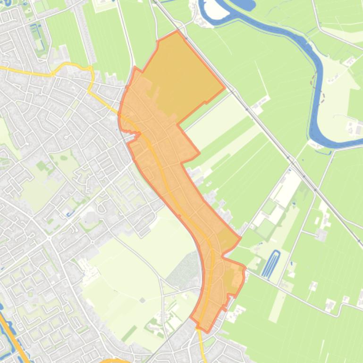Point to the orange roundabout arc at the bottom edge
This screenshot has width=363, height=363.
[x=115, y=361]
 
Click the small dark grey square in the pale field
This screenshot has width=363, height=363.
[x=142, y=300]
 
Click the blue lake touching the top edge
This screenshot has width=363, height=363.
[x=240, y=5]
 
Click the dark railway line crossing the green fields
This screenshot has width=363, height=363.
[x=264, y=127]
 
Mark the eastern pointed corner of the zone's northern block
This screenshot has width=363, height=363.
[x=224, y=88]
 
